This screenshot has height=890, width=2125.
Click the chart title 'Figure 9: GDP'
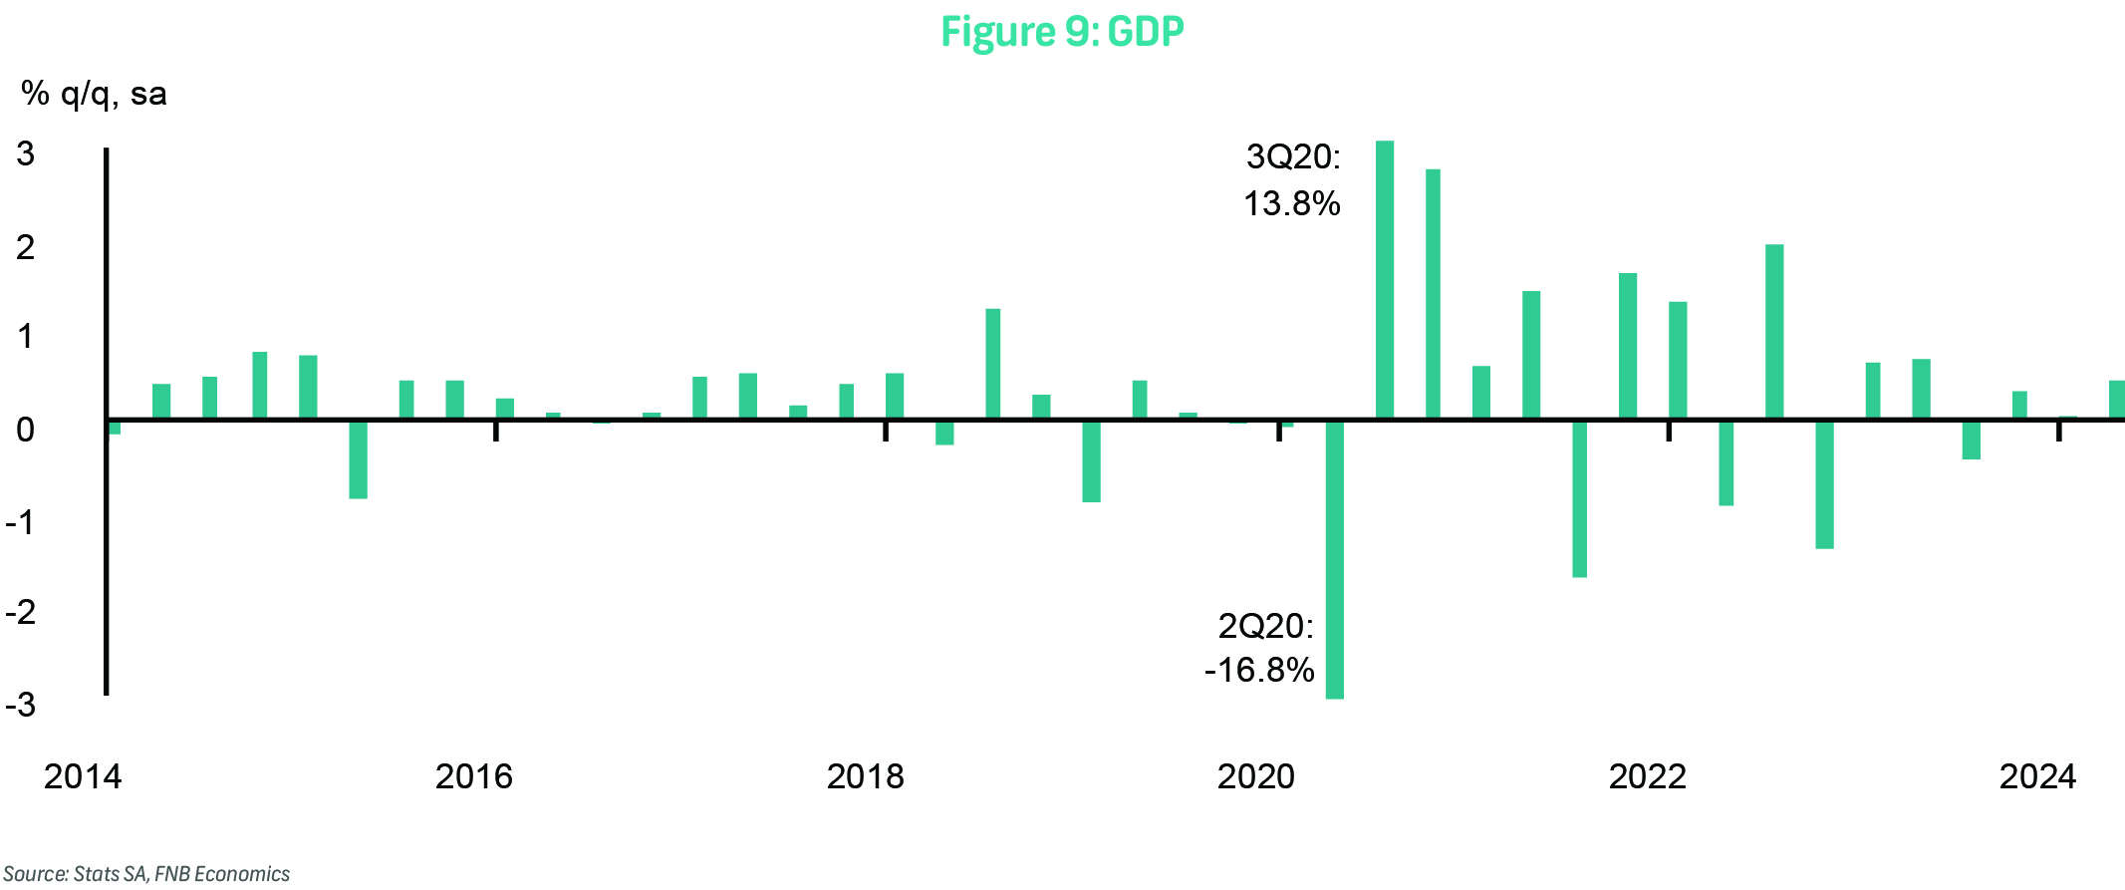tap(1062, 32)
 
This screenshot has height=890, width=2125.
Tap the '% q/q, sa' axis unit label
tap(94, 94)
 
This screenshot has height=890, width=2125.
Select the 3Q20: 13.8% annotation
tap(1292, 180)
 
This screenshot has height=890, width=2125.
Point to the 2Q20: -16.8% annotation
tap(1260, 648)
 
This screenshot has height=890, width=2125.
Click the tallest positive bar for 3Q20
tap(1384, 279)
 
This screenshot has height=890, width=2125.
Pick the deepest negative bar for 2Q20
tap(1335, 558)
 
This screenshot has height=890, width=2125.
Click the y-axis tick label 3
tap(25, 154)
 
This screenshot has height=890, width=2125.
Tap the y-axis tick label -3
tap(21, 706)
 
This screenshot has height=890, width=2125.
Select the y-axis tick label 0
tap(25, 431)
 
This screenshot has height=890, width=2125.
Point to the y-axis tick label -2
tap(21, 612)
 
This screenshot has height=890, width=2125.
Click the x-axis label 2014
tap(83, 776)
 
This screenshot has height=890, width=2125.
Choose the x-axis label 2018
tap(865, 776)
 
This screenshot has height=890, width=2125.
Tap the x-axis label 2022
tap(1647, 776)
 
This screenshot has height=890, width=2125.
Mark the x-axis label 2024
tap(2037, 776)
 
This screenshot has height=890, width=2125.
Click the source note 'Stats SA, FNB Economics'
tap(146, 874)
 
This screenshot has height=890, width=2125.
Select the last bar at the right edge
tap(2116, 400)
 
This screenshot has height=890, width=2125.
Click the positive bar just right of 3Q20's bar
tap(1433, 294)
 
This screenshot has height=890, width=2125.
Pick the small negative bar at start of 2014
tap(115, 428)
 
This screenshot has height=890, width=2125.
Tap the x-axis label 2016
tap(473, 776)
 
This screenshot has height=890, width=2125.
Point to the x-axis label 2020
tap(1255, 776)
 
